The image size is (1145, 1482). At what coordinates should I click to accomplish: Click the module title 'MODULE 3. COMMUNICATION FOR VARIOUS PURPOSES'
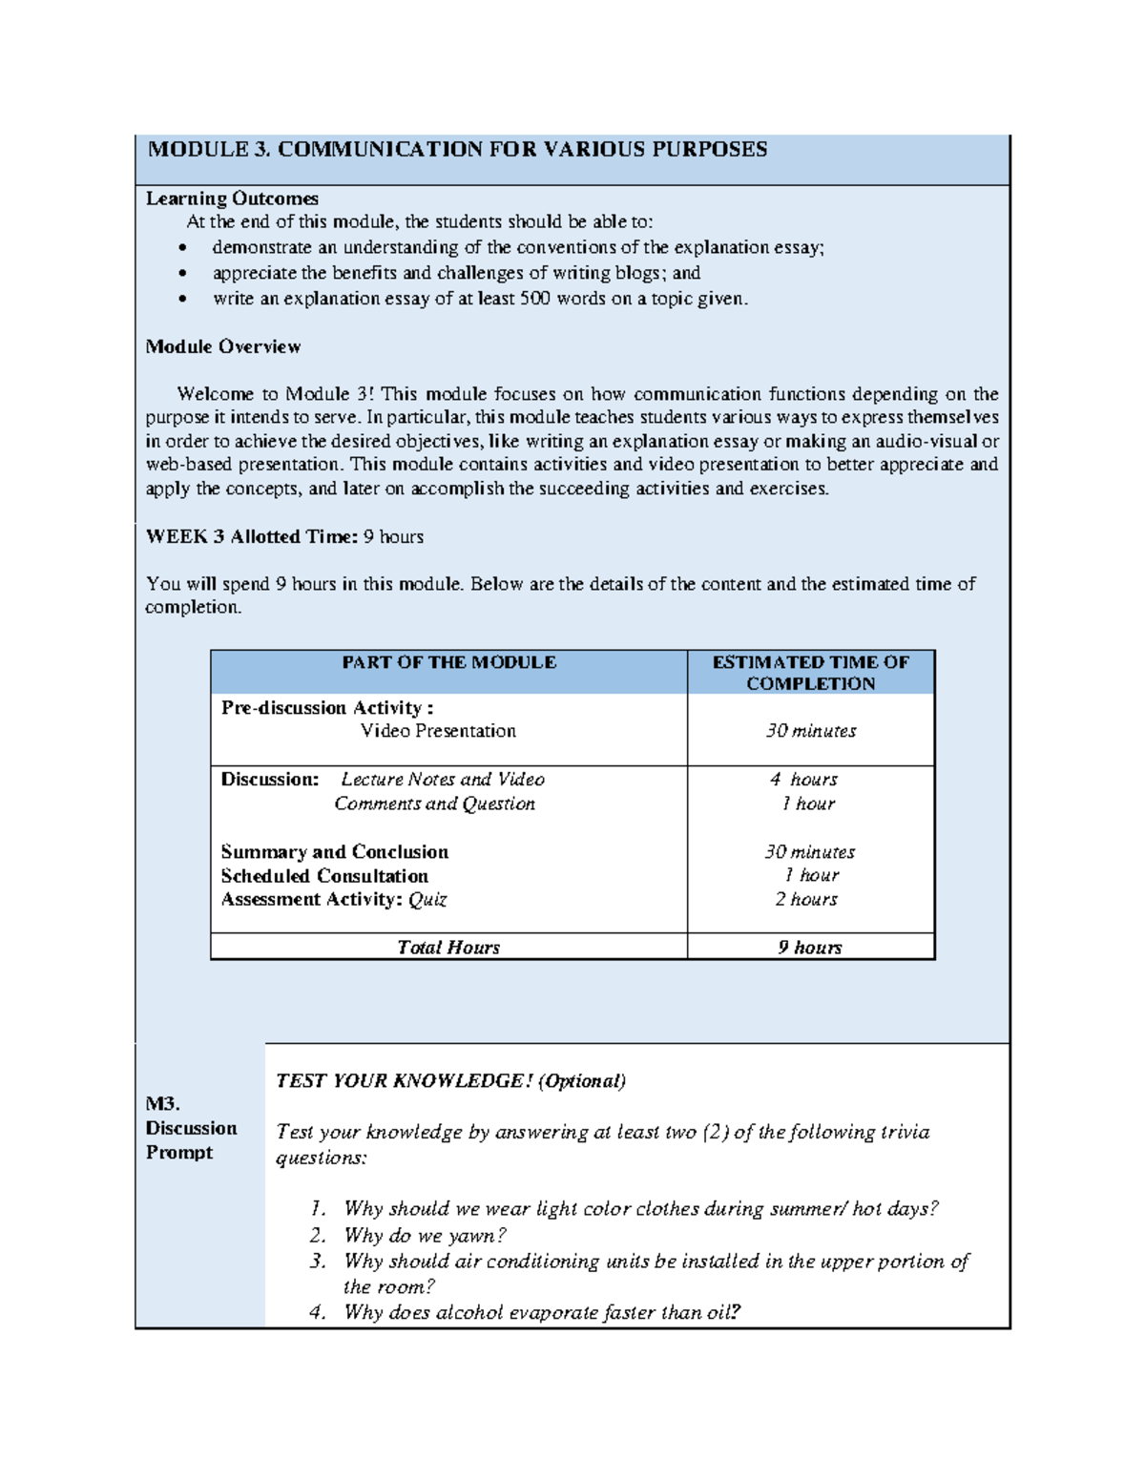(x=457, y=150)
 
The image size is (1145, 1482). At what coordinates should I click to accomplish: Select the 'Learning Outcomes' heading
(x=232, y=198)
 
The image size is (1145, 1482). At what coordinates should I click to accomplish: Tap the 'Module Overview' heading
(x=222, y=346)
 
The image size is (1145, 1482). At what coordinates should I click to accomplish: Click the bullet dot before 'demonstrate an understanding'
(x=183, y=248)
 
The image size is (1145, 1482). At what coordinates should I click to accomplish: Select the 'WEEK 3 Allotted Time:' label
(x=252, y=536)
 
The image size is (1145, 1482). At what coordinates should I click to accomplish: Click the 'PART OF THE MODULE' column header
(x=448, y=662)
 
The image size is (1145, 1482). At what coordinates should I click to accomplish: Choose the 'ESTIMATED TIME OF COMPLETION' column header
(x=810, y=673)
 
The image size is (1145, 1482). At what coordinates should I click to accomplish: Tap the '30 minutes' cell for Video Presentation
(x=810, y=731)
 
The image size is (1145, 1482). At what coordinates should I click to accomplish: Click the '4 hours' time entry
(x=803, y=780)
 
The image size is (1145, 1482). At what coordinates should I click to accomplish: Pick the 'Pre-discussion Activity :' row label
(x=327, y=708)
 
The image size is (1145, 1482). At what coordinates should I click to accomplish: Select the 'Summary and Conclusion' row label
(x=334, y=852)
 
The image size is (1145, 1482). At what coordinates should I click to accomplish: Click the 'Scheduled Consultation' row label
(x=324, y=876)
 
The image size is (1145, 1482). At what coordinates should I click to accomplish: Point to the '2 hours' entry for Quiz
(x=805, y=900)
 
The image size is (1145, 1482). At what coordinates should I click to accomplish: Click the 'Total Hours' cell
(x=448, y=948)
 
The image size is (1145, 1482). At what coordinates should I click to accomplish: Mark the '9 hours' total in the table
(x=809, y=948)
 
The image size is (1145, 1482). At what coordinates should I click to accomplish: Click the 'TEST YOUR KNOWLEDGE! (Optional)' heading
(x=450, y=1081)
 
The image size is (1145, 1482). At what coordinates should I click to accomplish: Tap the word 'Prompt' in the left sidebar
(x=179, y=1153)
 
